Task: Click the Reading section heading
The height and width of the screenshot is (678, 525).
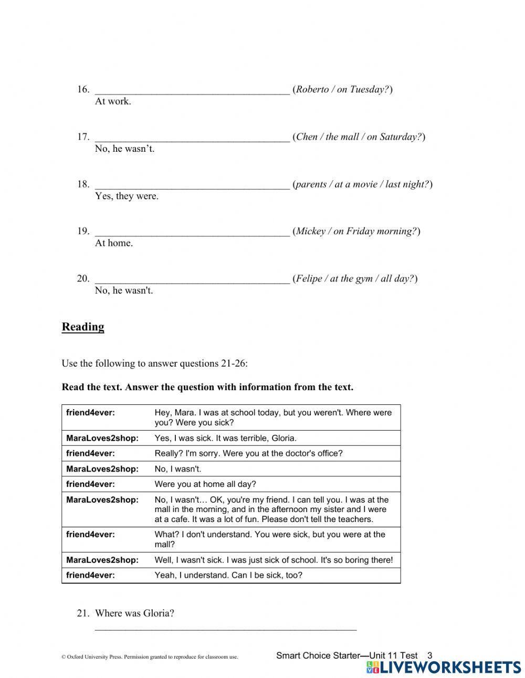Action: pos(83,327)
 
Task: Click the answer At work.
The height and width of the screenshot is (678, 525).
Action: pos(113,101)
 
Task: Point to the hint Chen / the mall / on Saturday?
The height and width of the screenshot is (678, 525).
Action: pos(359,137)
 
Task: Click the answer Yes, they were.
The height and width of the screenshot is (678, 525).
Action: pos(127,196)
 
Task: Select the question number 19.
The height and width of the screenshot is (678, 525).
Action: pos(83,231)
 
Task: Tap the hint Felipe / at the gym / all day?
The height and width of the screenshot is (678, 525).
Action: pos(355,278)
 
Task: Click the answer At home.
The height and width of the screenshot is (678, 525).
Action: pos(114,243)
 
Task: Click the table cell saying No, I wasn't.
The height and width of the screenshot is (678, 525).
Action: pos(178,468)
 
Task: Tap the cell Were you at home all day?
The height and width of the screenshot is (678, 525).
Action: pos(205,484)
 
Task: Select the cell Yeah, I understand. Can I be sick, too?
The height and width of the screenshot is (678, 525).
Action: pos(228,575)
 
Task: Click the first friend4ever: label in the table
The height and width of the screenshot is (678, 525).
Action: pos(90,413)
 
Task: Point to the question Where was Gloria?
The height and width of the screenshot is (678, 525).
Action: pos(134,613)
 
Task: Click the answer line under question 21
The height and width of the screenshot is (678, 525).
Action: pos(226,628)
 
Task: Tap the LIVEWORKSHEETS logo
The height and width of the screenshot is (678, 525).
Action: pos(444,667)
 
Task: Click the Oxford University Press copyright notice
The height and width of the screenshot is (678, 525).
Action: pos(150,656)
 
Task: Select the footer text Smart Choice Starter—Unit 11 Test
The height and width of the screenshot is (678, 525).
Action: pos(346,655)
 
